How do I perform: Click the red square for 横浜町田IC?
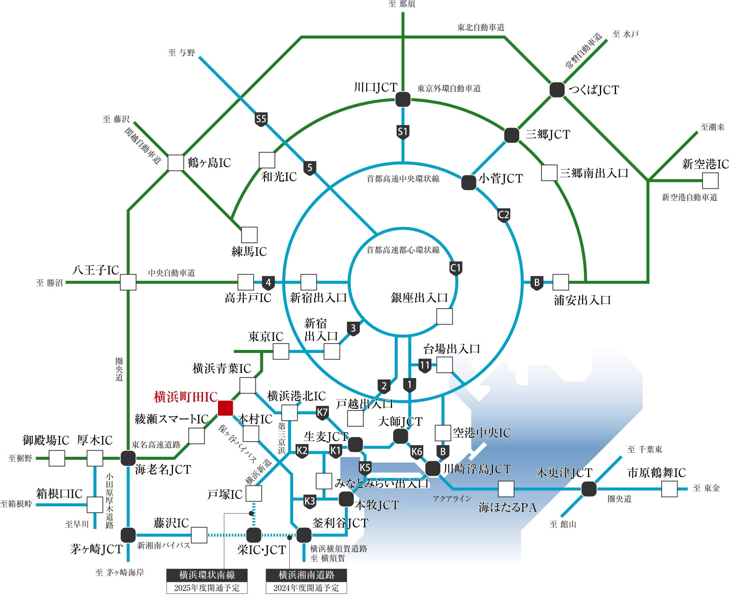click(225, 408)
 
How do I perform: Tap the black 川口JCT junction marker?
click(403, 100)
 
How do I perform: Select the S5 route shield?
click(261, 119)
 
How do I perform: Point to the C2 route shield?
click(503, 215)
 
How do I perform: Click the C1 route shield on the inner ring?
click(456, 268)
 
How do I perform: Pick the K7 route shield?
click(322, 413)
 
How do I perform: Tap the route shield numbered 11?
click(425, 365)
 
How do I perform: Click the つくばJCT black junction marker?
click(557, 90)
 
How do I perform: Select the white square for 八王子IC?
click(128, 282)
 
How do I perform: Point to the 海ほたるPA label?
click(508, 507)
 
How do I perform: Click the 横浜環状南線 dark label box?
click(207, 575)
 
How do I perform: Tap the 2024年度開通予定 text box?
click(306, 588)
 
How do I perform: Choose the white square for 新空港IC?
click(710, 181)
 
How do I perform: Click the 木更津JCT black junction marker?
click(589, 489)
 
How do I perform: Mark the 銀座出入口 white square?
click(444, 316)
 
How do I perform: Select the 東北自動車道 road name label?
click(481, 28)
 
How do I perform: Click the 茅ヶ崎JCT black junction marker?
click(128, 535)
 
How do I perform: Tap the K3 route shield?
click(310, 501)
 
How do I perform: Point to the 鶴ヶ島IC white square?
click(176, 163)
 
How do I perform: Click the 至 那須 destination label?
click(402, 4)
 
